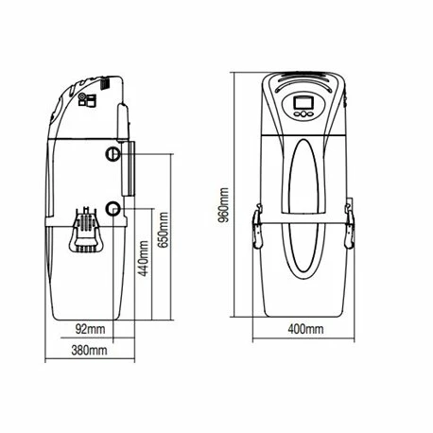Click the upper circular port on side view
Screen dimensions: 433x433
(114, 154)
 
